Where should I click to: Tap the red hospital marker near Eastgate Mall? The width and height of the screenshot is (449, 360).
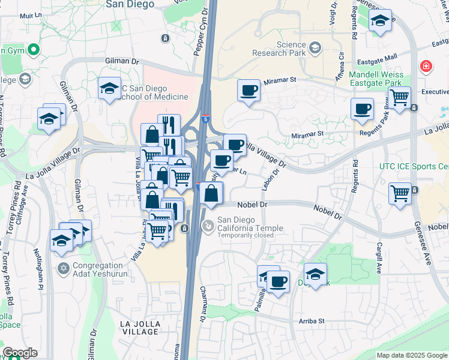[x=426, y=65]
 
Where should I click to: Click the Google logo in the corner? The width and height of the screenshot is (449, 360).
[x=20, y=353]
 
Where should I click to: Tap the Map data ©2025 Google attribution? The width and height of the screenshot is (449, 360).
[x=412, y=355]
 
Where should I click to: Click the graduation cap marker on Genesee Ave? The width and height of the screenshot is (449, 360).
[x=380, y=21]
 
